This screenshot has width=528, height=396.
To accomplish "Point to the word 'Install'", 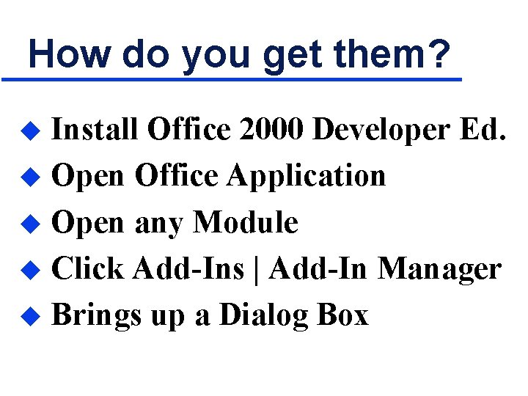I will click(x=95, y=130).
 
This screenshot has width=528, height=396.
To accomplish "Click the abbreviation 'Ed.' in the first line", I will click(x=482, y=130).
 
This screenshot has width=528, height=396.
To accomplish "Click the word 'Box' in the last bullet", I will click(x=342, y=315).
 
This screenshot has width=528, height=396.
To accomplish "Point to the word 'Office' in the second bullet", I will click(x=176, y=176).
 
